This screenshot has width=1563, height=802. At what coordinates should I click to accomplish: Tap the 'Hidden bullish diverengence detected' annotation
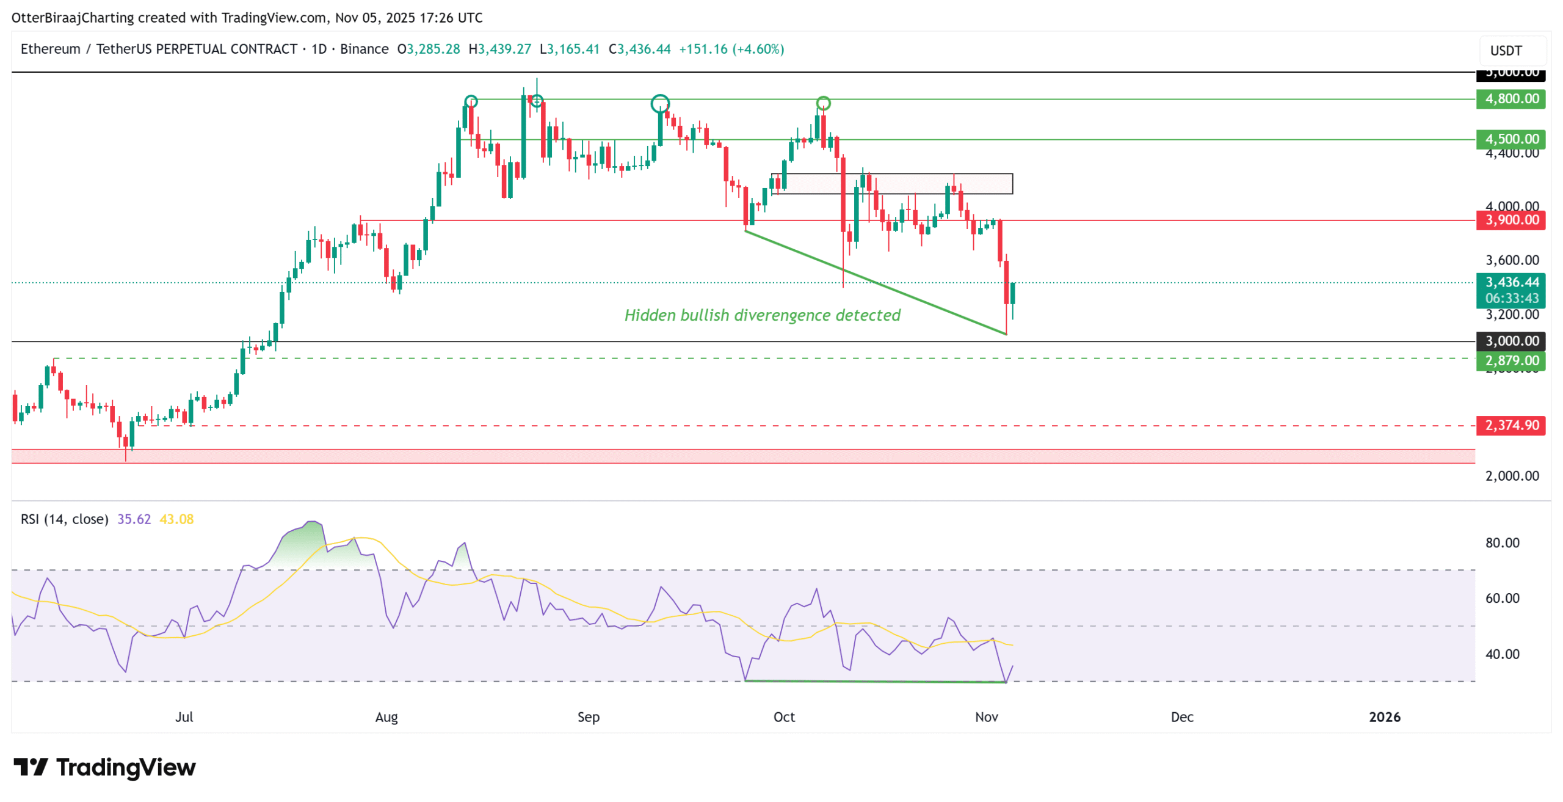[762, 315]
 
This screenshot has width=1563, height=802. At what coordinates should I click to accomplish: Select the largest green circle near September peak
[659, 104]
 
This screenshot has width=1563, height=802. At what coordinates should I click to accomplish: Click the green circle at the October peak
[823, 103]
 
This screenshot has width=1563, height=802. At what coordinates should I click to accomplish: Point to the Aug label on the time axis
[386, 717]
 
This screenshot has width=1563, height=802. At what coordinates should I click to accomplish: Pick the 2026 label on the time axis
[1384, 717]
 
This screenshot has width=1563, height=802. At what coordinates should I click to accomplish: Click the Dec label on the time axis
[1181, 717]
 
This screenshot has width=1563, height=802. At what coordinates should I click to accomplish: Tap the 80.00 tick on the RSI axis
[1502, 543]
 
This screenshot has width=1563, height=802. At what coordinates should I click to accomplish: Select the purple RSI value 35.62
[134, 519]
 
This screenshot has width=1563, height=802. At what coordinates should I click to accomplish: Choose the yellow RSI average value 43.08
[176, 519]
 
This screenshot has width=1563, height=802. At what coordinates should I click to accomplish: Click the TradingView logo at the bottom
[105, 767]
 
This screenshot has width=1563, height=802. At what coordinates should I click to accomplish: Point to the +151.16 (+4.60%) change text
[731, 49]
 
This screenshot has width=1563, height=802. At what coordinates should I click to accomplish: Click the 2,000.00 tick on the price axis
[1511, 476]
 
